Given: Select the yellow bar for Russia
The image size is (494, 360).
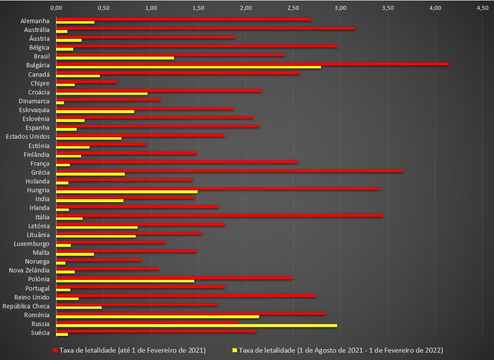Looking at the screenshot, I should (197, 326).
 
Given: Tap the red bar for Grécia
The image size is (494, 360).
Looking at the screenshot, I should (230, 171).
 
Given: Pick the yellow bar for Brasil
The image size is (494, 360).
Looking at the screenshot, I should (115, 58).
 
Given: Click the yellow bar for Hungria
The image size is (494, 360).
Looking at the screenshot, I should (127, 192).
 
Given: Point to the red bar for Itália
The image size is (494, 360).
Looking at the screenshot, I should (219, 215).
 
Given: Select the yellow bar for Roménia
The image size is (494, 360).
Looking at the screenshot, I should (157, 317).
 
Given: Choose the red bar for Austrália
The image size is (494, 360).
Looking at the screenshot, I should (205, 28).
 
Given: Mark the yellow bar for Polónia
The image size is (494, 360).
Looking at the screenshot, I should (125, 281).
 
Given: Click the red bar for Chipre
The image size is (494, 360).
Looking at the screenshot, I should (87, 81).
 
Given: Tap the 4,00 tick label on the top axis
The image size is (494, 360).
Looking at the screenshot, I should (435, 8).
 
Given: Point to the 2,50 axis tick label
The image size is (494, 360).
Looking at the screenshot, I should (293, 8).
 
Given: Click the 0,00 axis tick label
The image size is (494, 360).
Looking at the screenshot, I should (57, 8).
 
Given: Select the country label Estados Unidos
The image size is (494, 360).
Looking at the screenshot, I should (28, 136).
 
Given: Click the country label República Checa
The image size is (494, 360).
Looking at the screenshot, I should (26, 306).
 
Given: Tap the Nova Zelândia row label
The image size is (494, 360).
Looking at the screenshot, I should (29, 270).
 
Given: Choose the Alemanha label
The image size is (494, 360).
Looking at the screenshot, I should (35, 21).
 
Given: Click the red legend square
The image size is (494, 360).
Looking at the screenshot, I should (56, 350).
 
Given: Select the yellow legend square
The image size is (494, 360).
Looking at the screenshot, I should (235, 350).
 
